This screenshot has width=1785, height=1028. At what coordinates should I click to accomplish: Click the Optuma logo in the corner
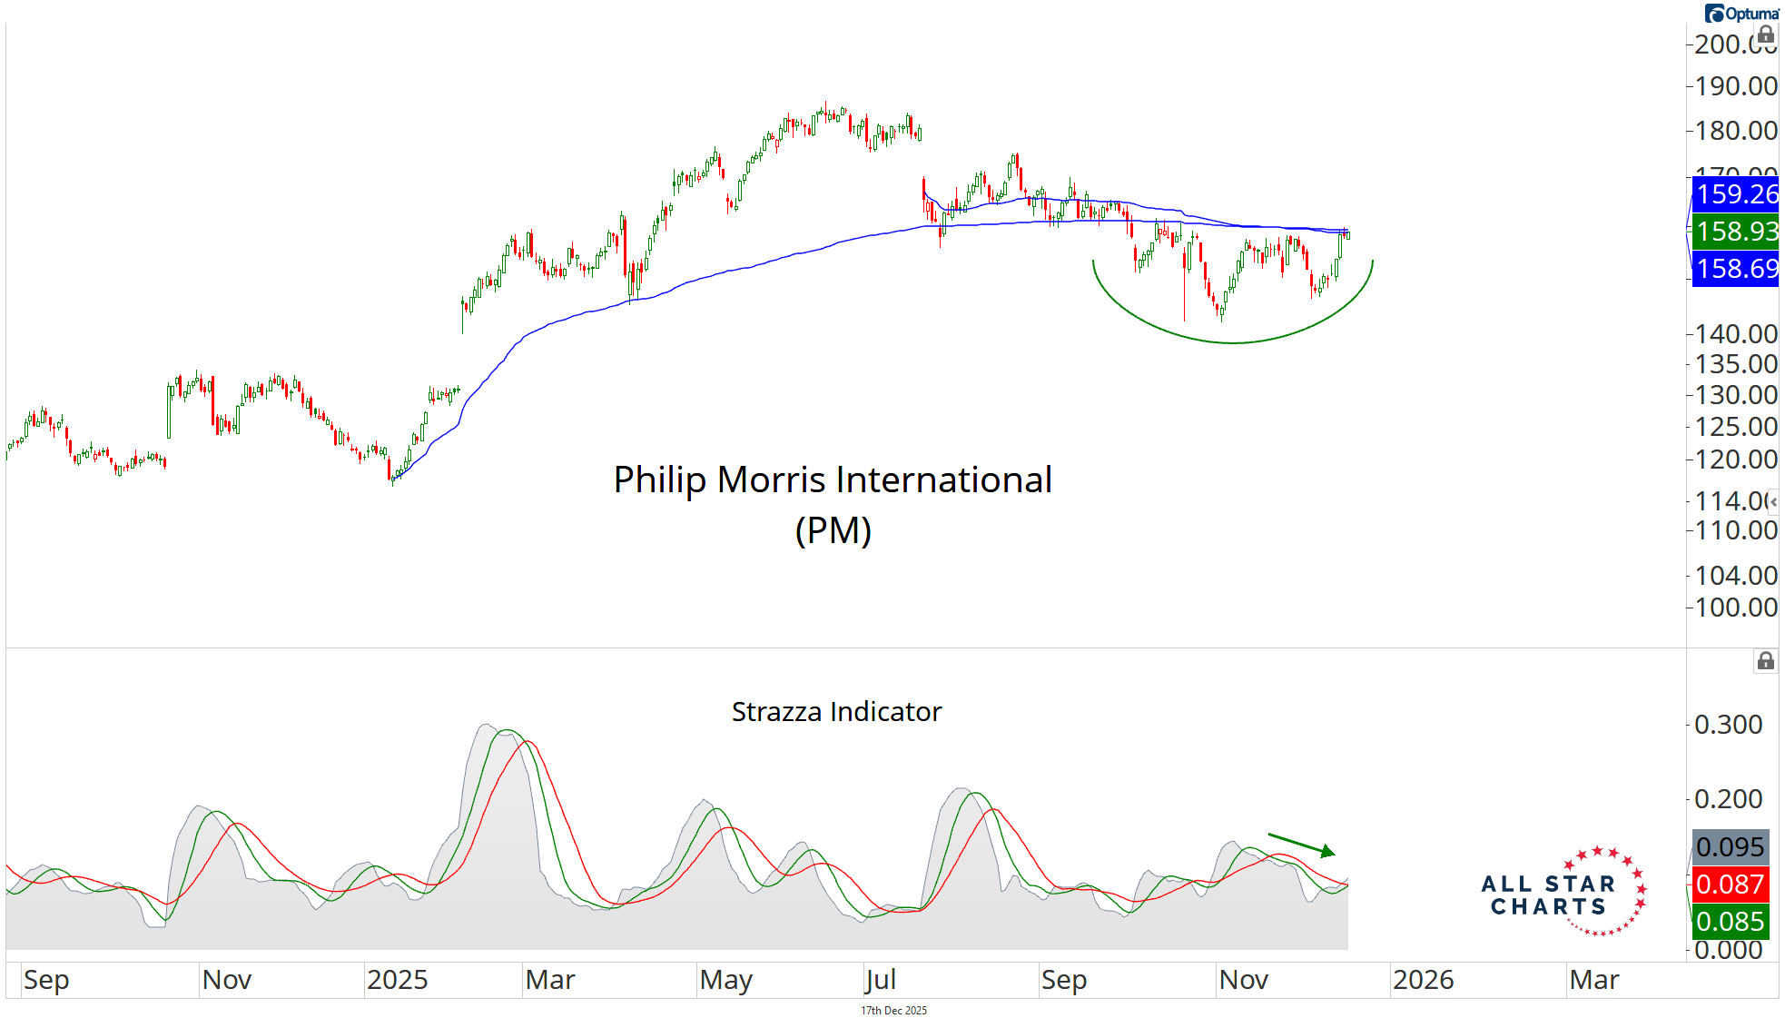pyautogui.click(x=1741, y=13)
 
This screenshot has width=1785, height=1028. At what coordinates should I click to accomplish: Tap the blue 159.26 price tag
pyautogui.click(x=1736, y=193)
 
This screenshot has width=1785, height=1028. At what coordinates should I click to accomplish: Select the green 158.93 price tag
pyautogui.click(x=1736, y=231)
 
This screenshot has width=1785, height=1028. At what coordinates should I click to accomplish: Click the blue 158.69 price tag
pyautogui.click(x=1736, y=269)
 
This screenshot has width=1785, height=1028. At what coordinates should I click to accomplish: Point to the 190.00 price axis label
pyautogui.click(x=1735, y=86)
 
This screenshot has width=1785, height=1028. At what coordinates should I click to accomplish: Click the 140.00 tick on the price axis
pyautogui.click(x=1735, y=334)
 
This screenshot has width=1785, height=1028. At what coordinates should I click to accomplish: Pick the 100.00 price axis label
pyautogui.click(x=1735, y=607)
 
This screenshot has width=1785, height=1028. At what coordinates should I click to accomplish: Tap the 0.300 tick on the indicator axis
pyautogui.click(x=1728, y=725)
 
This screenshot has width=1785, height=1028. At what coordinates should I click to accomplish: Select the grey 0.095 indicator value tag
pyautogui.click(x=1731, y=847)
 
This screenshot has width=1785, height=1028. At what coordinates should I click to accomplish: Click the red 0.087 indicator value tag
pyautogui.click(x=1731, y=885)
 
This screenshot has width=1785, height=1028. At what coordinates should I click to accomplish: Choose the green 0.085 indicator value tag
pyautogui.click(x=1731, y=922)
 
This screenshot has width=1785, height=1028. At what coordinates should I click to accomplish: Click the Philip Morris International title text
pyautogui.click(x=833, y=479)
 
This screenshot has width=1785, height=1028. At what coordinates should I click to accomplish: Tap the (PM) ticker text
pyautogui.click(x=833, y=530)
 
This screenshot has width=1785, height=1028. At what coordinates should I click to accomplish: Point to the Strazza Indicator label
pyautogui.click(x=836, y=712)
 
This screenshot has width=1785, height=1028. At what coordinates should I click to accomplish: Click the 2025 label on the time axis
pyautogui.click(x=397, y=980)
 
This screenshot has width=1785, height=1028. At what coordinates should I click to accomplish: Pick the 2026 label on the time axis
pyautogui.click(x=1423, y=980)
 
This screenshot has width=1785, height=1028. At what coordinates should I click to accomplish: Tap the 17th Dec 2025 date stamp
pyautogui.click(x=893, y=1011)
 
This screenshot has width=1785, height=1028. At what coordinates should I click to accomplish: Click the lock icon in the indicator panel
pyautogui.click(x=1765, y=661)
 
